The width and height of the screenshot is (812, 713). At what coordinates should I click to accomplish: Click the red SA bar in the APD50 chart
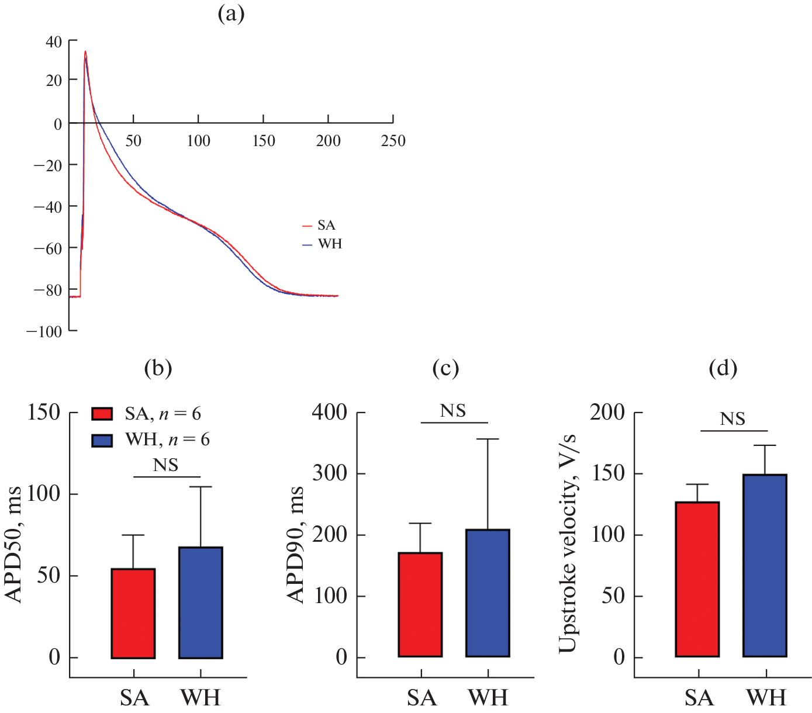(x=133, y=613)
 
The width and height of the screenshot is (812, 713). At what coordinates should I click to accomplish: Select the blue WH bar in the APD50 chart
(x=201, y=603)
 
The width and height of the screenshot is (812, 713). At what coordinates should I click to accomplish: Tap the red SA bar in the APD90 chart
(x=420, y=604)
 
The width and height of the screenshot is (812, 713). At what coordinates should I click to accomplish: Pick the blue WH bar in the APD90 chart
(x=488, y=593)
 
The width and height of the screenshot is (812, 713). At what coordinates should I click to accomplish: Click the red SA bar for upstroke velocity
(x=697, y=579)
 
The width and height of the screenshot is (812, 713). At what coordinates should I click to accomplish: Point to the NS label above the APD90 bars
(x=454, y=411)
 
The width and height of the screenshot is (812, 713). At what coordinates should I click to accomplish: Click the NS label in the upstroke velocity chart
(x=733, y=419)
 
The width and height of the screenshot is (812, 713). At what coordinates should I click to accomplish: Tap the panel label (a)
(x=231, y=14)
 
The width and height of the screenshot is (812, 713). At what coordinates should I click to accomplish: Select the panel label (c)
(x=445, y=368)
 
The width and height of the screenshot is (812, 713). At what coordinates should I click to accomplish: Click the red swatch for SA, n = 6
(x=102, y=414)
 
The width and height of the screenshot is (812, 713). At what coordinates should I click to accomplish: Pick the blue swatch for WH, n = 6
(x=102, y=440)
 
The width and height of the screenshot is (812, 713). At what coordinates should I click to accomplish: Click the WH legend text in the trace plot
(x=330, y=244)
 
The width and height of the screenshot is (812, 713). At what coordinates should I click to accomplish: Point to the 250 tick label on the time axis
(x=393, y=141)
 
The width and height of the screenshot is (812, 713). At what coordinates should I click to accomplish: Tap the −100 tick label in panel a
(x=44, y=331)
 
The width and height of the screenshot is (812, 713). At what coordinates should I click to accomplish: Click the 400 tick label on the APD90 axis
(x=330, y=413)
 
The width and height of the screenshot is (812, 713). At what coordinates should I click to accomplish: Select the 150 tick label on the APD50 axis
(x=44, y=413)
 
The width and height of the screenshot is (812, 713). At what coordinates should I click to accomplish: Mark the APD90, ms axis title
(x=296, y=544)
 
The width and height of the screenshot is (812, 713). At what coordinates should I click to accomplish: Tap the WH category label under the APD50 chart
(x=201, y=698)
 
